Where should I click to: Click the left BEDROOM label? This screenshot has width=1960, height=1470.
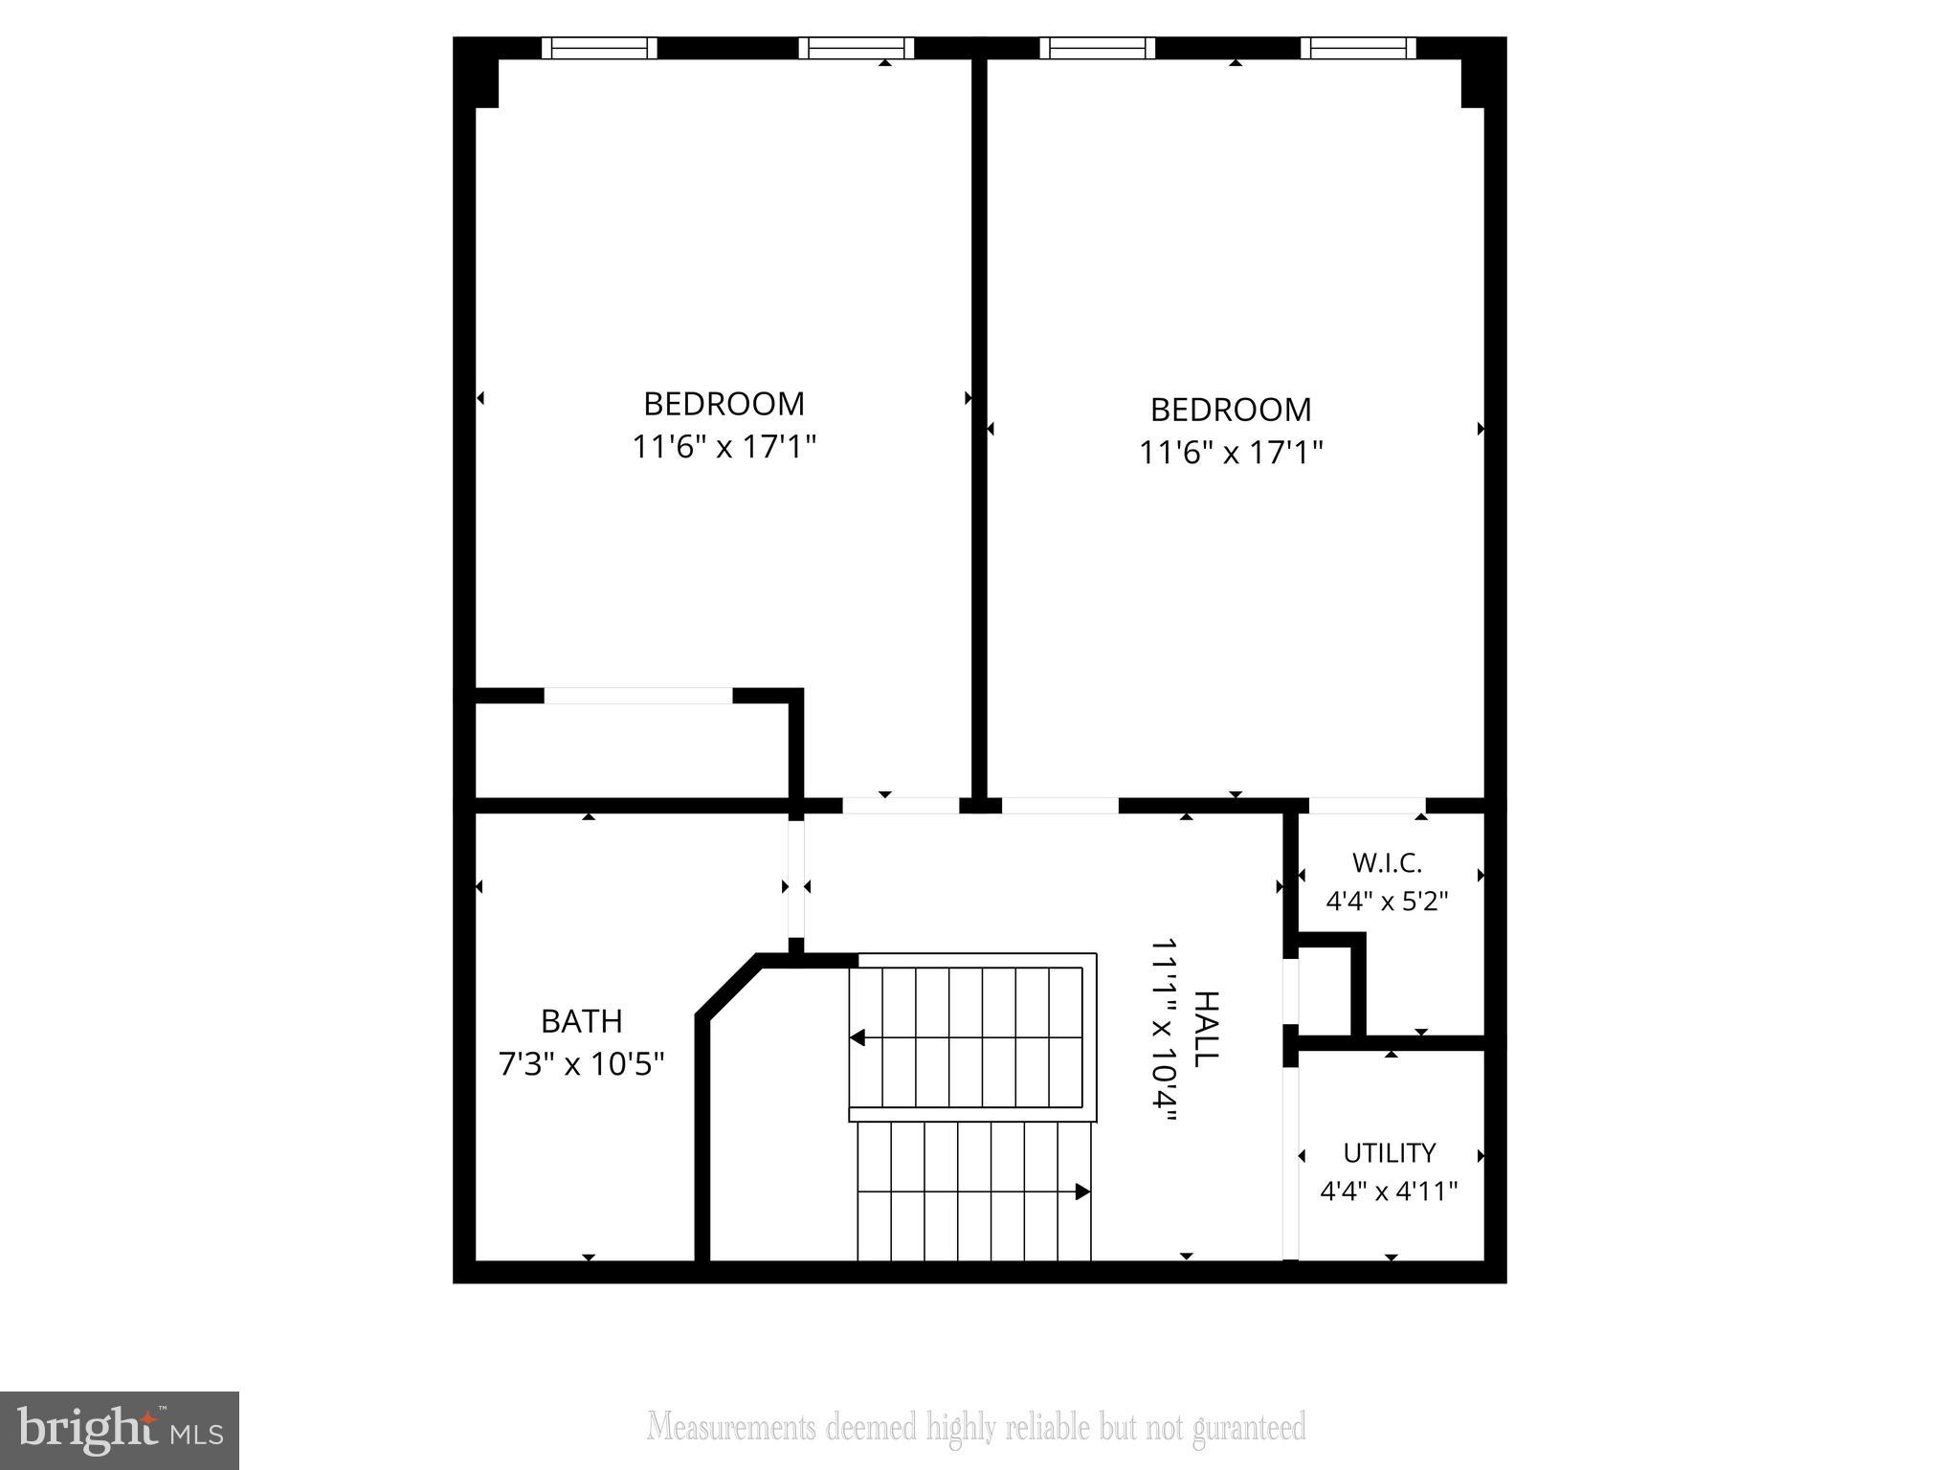pyautogui.click(x=724, y=404)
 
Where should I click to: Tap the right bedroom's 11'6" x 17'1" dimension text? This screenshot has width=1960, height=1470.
pyautogui.click(x=1231, y=453)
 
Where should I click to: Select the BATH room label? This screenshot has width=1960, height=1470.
pyautogui.click(x=581, y=1021)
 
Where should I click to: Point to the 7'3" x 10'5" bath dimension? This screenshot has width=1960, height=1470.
pyautogui.click(x=581, y=1063)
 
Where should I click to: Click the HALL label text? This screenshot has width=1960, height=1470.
pyautogui.click(x=1207, y=1029)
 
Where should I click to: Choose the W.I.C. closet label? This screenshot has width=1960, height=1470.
pyautogui.click(x=1387, y=863)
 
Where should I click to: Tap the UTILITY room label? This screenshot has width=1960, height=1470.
pyautogui.click(x=1389, y=1152)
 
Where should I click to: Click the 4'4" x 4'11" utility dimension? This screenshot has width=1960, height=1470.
pyautogui.click(x=1389, y=1192)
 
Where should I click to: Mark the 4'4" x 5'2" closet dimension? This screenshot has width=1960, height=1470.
pyautogui.click(x=1387, y=902)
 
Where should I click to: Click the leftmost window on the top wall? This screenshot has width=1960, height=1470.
pyautogui.click(x=599, y=48)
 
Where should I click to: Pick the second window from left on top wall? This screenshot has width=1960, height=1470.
pyautogui.click(x=857, y=48)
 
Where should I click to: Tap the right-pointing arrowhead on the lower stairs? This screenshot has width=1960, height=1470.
pyautogui.click(x=1082, y=1192)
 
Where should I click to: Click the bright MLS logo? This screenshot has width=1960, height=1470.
pyautogui.click(x=119, y=1430)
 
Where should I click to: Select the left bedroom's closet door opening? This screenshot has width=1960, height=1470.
pyautogui.click(x=638, y=696)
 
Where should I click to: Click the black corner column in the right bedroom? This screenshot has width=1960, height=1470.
pyautogui.click(x=1473, y=84)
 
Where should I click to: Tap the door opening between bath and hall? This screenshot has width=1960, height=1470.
pyautogui.click(x=796, y=881)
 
